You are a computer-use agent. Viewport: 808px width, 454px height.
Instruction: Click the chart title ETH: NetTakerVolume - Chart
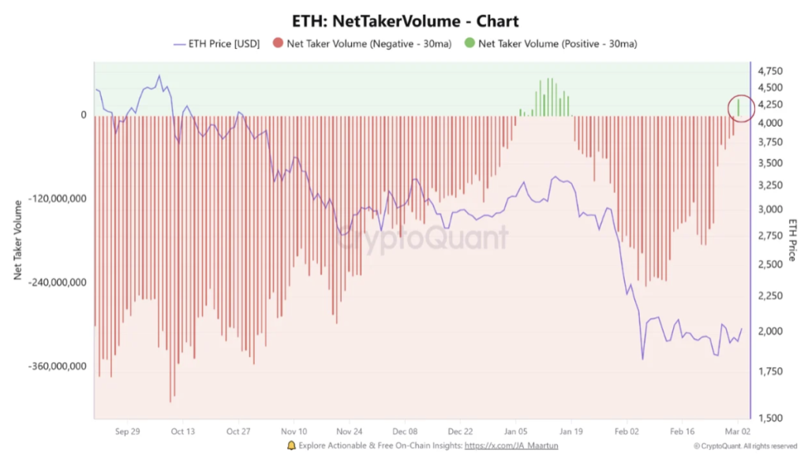click(x=404, y=20)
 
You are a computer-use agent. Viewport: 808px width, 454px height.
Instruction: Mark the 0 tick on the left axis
click(x=83, y=115)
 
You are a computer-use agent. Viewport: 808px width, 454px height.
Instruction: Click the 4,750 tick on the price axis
click(x=771, y=71)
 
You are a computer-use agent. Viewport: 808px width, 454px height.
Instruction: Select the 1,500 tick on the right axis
click(x=771, y=418)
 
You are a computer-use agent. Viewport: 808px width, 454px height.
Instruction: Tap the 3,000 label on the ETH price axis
click(x=771, y=210)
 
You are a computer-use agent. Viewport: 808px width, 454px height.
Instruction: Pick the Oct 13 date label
click(x=182, y=432)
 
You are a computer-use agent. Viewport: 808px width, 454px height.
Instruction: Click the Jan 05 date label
click(x=517, y=432)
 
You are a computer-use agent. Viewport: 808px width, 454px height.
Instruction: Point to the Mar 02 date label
click(x=738, y=432)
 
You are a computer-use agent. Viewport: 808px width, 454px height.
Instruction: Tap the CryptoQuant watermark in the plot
click(x=423, y=237)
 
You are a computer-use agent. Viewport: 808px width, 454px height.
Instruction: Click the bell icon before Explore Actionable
click(x=291, y=445)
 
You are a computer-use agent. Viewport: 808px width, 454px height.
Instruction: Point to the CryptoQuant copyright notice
click(x=746, y=446)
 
